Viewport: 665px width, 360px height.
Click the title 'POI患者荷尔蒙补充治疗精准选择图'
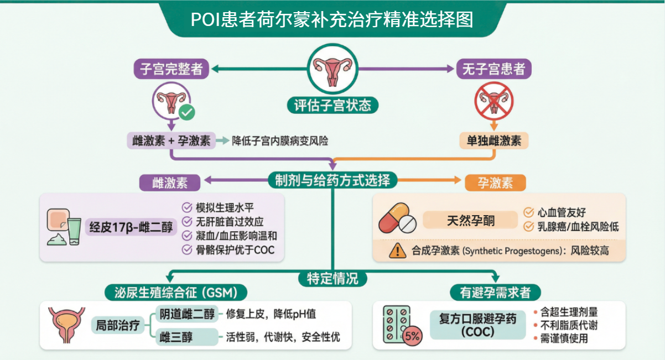332,20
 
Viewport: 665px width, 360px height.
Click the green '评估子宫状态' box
332,105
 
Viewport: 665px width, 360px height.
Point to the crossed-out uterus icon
494,101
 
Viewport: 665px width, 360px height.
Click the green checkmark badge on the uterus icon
187,113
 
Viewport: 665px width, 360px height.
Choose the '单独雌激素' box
494,140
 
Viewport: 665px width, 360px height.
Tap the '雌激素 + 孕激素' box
172,140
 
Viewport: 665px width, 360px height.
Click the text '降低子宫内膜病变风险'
280,141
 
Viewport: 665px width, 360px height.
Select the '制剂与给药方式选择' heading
332,180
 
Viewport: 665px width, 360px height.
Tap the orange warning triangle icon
397,251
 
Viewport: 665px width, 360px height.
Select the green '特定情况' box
332,278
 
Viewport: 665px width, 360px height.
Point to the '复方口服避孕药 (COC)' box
477,325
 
